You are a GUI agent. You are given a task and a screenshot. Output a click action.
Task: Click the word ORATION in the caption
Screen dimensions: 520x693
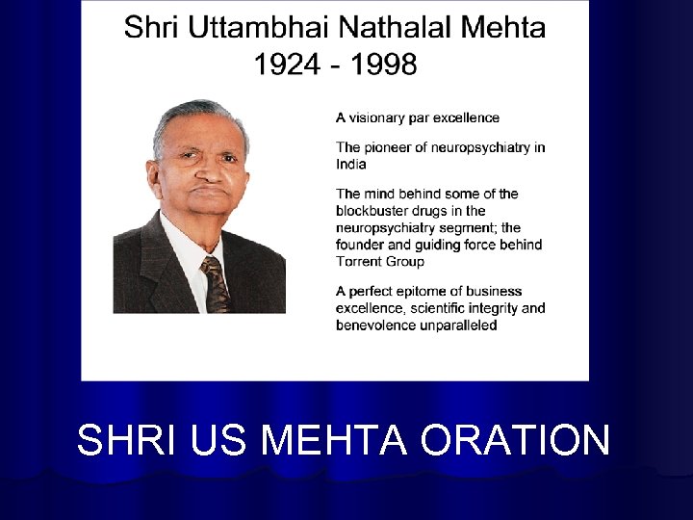tap(515, 440)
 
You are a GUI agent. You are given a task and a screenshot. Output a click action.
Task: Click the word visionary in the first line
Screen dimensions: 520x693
tap(380, 118)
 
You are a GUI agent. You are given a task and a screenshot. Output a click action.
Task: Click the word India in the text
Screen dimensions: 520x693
tap(351, 164)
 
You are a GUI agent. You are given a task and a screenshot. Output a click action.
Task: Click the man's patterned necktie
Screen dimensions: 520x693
tap(216, 283)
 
